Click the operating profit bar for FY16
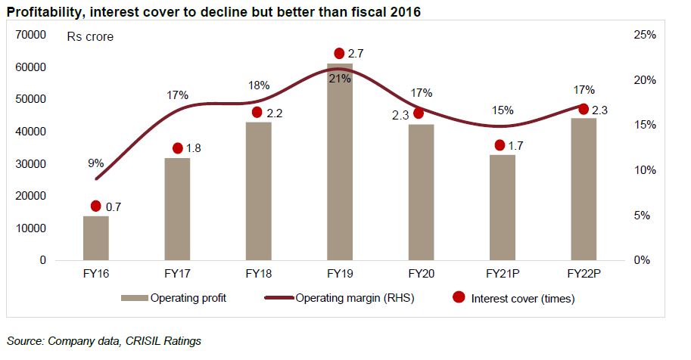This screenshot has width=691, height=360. click(96, 237)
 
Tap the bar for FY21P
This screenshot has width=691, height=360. click(502, 207)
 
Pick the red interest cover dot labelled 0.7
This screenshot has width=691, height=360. click(96, 206)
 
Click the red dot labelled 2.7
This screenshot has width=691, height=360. click(339, 54)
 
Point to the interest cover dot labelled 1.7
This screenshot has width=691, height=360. click(500, 145)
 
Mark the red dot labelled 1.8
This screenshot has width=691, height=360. click(178, 148)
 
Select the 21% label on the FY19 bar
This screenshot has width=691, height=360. click(339, 79)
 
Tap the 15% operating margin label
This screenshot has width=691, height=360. click(503, 110)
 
